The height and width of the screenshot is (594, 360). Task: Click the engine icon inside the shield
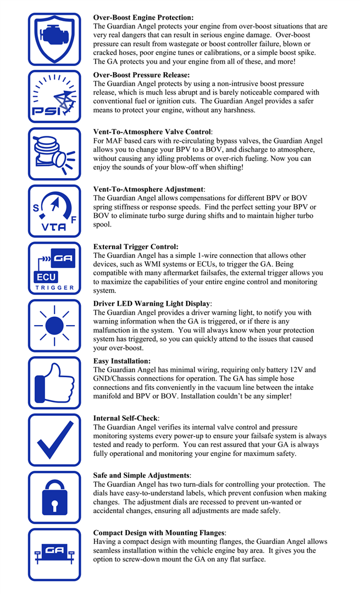click(x=54, y=39)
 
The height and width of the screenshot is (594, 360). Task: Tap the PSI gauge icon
click(x=54, y=97)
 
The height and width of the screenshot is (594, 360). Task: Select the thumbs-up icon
click(x=54, y=382)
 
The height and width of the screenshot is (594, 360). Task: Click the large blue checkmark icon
click(x=54, y=440)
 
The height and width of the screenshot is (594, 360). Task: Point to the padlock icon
click(x=54, y=497)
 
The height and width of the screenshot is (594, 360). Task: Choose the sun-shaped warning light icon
click(x=54, y=326)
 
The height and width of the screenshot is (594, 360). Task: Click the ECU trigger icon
click(x=54, y=268)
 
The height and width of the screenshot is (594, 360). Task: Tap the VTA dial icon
click(x=54, y=211)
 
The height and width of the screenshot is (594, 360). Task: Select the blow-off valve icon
click(x=54, y=154)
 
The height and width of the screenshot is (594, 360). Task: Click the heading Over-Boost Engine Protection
click(x=143, y=18)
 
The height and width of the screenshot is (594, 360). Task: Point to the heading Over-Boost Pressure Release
click(x=141, y=75)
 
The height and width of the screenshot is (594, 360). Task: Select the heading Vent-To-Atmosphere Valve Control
click(x=152, y=132)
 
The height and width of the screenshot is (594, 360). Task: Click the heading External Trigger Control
click(x=136, y=247)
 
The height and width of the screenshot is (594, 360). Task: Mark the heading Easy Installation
click(x=122, y=361)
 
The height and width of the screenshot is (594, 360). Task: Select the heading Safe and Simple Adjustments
click(x=142, y=475)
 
